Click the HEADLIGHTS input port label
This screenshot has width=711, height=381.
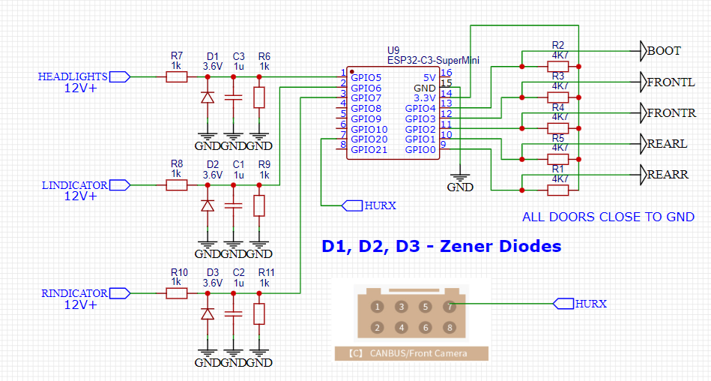[x=73, y=76]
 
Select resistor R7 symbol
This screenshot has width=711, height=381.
[x=176, y=76]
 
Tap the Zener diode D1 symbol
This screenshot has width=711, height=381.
[x=208, y=97]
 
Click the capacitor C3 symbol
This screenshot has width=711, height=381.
[x=234, y=97]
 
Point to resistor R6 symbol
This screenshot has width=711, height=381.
[x=259, y=97]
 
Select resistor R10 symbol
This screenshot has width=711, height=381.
[x=176, y=293]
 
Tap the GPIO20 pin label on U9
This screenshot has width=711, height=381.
[x=369, y=139]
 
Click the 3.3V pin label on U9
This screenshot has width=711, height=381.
[x=424, y=97]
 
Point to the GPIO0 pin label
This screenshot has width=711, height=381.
[x=420, y=149]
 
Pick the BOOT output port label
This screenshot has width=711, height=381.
[x=664, y=51]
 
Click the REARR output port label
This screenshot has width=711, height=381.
[x=667, y=175]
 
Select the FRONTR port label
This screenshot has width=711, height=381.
[x=671, y=113]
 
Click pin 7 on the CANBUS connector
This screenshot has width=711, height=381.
[x=450, y=306]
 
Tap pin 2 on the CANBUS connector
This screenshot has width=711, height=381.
[x=378, y=328]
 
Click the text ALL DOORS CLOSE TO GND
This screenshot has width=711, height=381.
[x=608, y=217]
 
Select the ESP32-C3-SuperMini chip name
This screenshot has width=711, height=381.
[x=432, y=60]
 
